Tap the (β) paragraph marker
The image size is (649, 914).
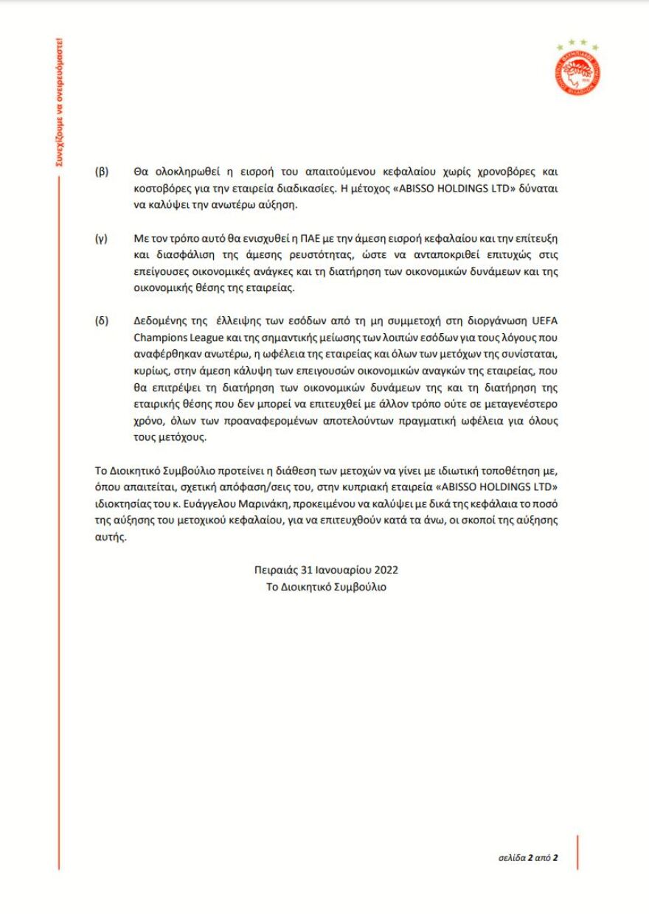coord(101,170)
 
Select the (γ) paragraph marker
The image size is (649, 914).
coord(101,240)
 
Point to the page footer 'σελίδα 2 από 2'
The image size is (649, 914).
coord(525,858)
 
